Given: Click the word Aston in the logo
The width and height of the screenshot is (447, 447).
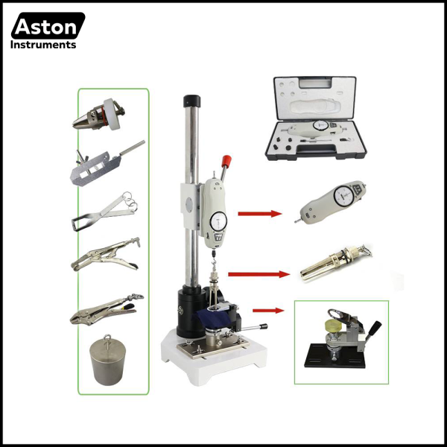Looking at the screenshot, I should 46,28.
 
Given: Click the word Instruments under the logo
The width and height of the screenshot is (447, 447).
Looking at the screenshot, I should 42,45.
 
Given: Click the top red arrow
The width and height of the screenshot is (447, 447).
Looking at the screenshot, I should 259,214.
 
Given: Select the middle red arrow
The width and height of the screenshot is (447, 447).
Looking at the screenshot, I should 258,273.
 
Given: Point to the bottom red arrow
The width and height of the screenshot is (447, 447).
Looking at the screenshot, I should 268,309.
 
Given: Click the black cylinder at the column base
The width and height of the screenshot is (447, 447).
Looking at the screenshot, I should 187,313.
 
